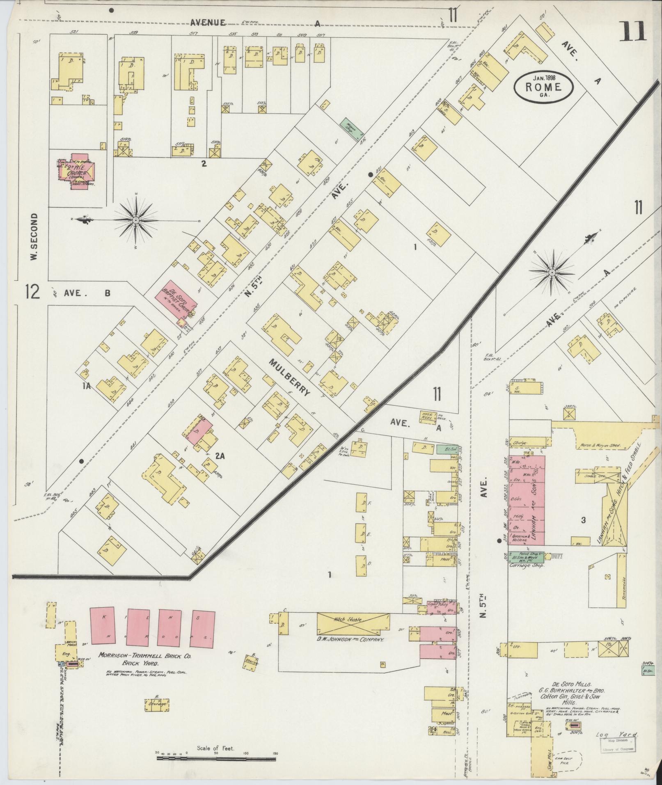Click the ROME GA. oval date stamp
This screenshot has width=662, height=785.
[x=544, y=86]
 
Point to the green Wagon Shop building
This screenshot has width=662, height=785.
[x=351, y=128]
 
